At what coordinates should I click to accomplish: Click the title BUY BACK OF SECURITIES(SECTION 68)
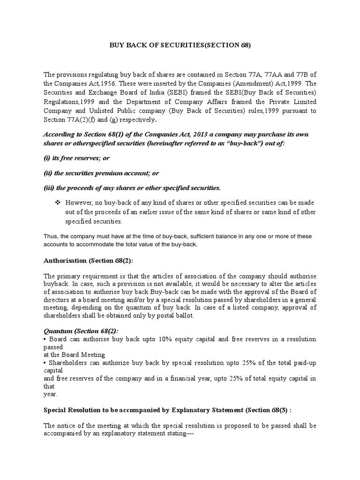click(180, 45)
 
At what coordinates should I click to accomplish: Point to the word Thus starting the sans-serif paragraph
click(51, 236)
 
